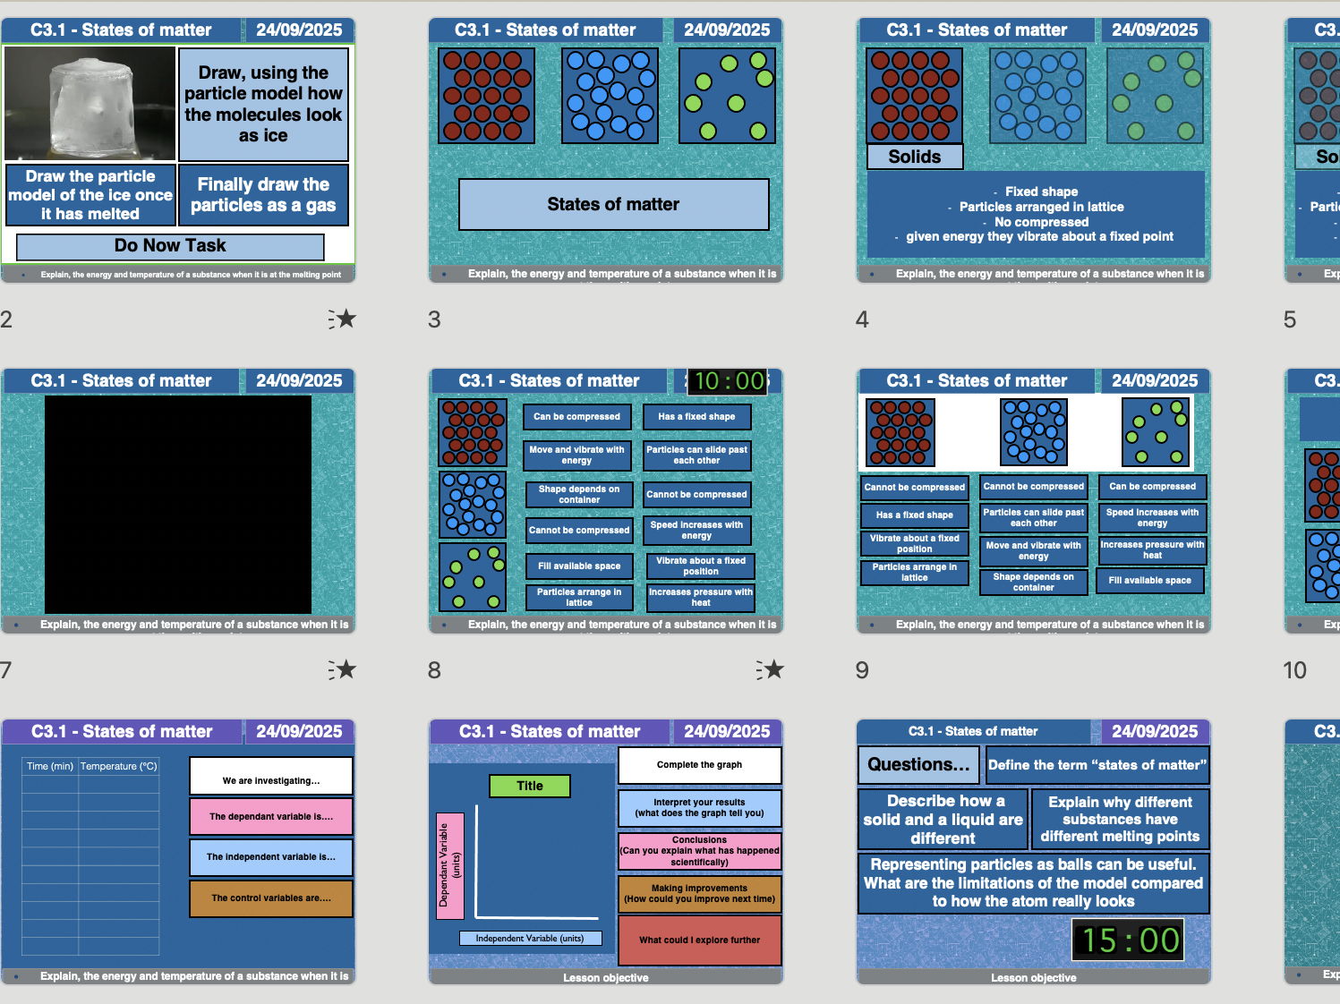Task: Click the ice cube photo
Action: [90, 104]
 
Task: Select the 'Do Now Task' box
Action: [170, 246]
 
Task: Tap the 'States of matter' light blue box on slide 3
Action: [613, 204]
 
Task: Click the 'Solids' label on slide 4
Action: [914, 157]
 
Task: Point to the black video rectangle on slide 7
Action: [178, 504]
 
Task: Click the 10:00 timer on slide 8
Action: [729, 381]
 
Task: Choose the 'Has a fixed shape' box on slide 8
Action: [696, 417]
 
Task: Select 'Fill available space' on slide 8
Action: [578, 566]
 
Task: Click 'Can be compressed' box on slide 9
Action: [1152, 487]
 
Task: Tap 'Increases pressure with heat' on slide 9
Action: [1152, 550]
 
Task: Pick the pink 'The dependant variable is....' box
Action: [270, 817]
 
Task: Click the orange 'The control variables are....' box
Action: [270, 898]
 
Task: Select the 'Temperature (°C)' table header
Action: [118, 766]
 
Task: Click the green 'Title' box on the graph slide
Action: [529, 787]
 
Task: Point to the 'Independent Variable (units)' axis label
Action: [530, 939]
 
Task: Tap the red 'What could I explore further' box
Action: [699, 940]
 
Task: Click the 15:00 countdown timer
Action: [1131, 940]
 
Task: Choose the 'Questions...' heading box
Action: [918, 765]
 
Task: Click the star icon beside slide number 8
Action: [769, 669]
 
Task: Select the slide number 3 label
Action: [434, 319]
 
